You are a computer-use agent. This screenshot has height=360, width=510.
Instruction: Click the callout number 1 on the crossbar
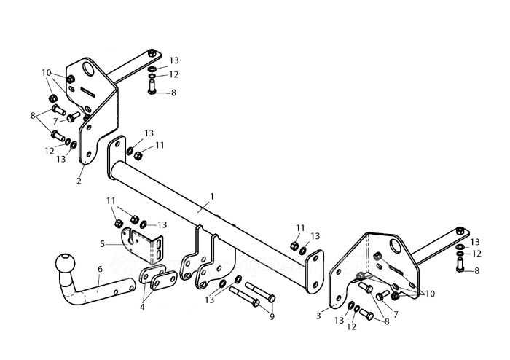pyautogui.click(x=212, y=197)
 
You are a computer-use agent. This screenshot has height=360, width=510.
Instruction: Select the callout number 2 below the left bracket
pyautogui.click(x=79, y=181)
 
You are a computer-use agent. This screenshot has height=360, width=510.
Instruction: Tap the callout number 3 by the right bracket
pyautogui.click(x=318, y=315)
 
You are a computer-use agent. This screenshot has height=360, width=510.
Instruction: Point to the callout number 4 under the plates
pyautogui.click(x=142, y=307)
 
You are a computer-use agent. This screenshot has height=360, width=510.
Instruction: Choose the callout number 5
pyautogui.click(x=103, y=244)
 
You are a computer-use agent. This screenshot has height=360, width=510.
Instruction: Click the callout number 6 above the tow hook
pyautogui.click(x=100, y=269)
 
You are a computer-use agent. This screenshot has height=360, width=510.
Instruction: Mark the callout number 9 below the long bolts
pyautogui.click(x=272, y=316)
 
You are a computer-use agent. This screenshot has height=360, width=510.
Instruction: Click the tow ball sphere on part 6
pyautogui.click(x=65, y=263)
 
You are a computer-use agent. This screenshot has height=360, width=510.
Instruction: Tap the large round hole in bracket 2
pyautogui.click(x=88, y=69)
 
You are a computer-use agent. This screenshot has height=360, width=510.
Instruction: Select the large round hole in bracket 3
pyautogui.click(x=396, y=246)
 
